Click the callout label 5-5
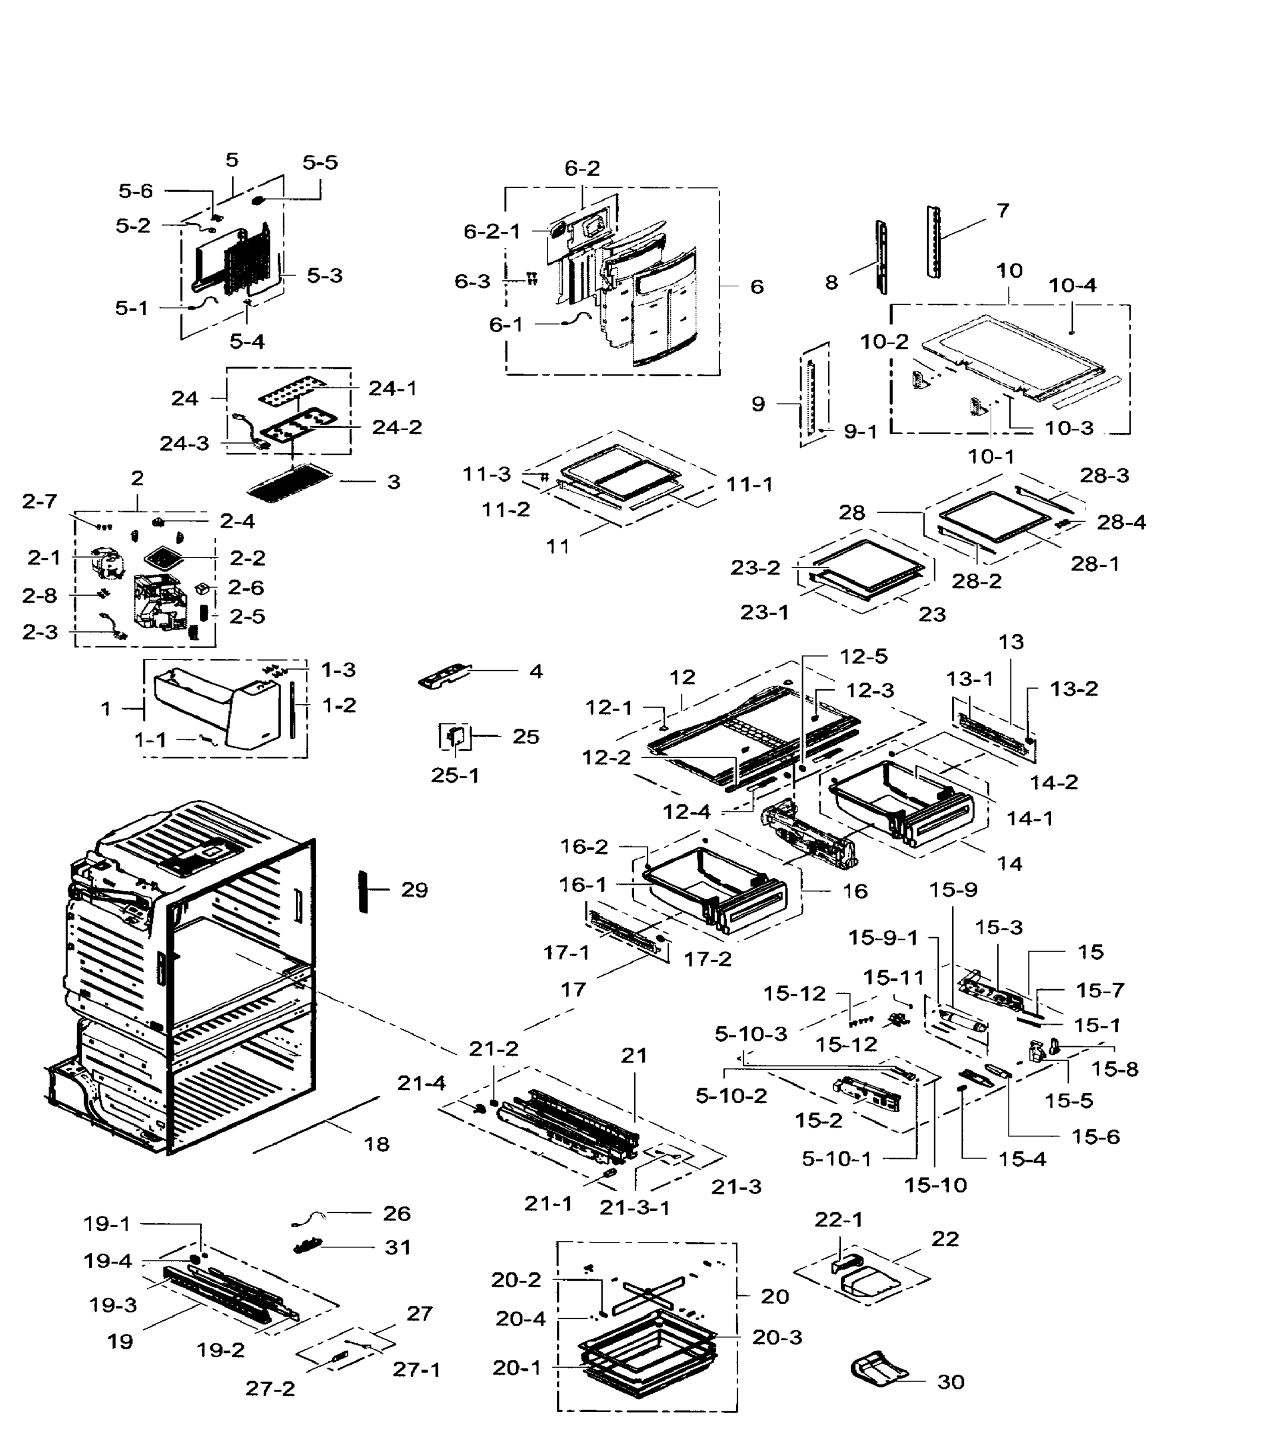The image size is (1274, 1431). pos(320,162)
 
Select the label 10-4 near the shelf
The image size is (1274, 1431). pos(1072,285)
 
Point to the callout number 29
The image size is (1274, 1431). pos(414,890)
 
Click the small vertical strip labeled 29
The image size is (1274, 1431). pos(363,891)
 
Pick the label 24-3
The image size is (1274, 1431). pos(184,443)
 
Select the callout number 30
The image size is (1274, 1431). pos(950,1382)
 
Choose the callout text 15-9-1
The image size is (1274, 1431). pos(883,937)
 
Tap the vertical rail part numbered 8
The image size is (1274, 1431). pos(881,257)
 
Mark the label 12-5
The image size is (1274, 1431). pos(864,656)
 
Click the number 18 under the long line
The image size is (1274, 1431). pos(376,1144)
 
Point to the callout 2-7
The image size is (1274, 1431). pos(39,501)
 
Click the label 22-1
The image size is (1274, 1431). pos(839,1219)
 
